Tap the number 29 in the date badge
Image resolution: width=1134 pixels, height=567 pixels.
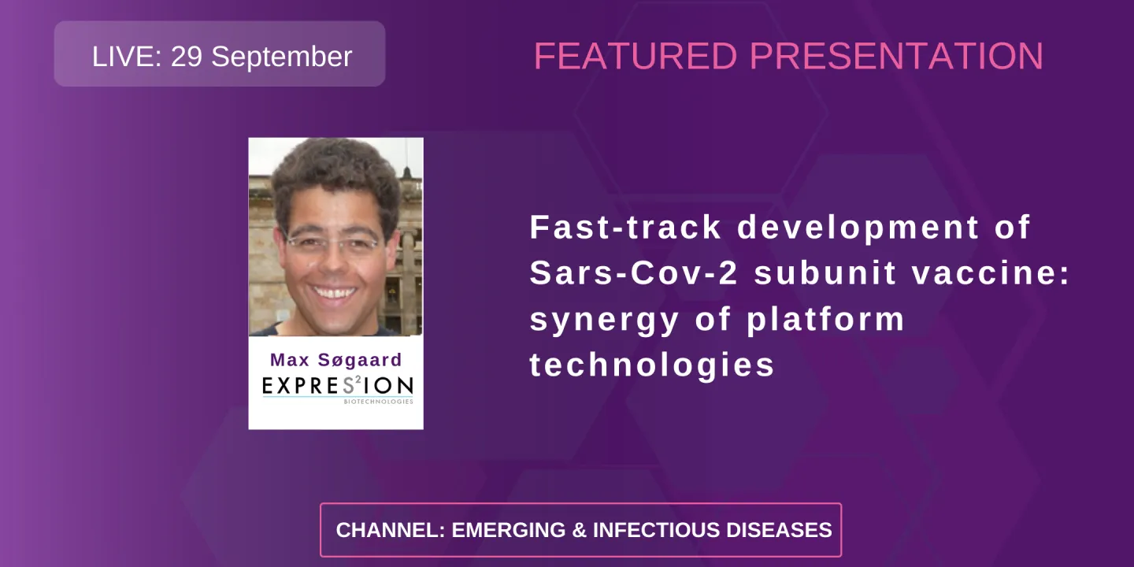point(187,57)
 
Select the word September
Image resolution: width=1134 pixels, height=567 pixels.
point(282,57)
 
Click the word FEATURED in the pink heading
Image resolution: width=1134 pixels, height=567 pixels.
point(636,57)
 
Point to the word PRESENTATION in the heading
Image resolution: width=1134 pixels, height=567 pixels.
point(896,57)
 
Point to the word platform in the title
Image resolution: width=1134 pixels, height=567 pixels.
point(825,321)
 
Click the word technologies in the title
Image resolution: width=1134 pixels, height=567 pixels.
point(652,365)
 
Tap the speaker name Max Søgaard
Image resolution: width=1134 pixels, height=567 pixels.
point(335,360)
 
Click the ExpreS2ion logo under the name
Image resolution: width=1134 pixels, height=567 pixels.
point(337,385)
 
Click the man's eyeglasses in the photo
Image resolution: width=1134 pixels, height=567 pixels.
point(334,243)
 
